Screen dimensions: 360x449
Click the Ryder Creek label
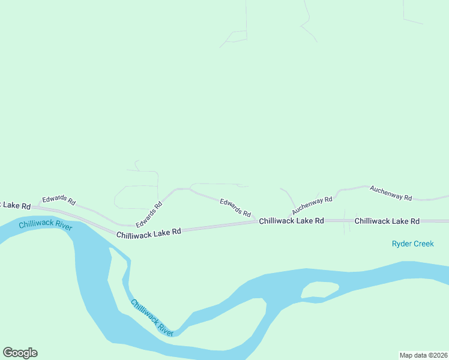[x=412, y=244]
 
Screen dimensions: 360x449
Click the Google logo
[x=20, y=353]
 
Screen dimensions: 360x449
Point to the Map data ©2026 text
[x=423, y=355]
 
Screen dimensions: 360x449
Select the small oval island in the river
[x=319, y=290]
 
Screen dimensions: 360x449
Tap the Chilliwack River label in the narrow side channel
[x=152, y=317]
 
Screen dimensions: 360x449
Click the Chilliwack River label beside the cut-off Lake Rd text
[x=46, y=224]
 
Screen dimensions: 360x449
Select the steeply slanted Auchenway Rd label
[x=312, y=205]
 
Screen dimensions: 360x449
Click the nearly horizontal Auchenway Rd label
[x=391, y=193]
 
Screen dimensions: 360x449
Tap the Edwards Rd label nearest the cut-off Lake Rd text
[x=58, y=201]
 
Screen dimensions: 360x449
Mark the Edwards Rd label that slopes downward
[x=235, y=208]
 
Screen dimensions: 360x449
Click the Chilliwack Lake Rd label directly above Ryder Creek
[x=387, y=221]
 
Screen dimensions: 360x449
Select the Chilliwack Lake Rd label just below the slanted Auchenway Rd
[x=291, y=221]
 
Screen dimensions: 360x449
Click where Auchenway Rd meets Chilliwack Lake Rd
[x=288, y=221]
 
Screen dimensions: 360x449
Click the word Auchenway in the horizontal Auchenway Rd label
[x=385, y=191]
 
